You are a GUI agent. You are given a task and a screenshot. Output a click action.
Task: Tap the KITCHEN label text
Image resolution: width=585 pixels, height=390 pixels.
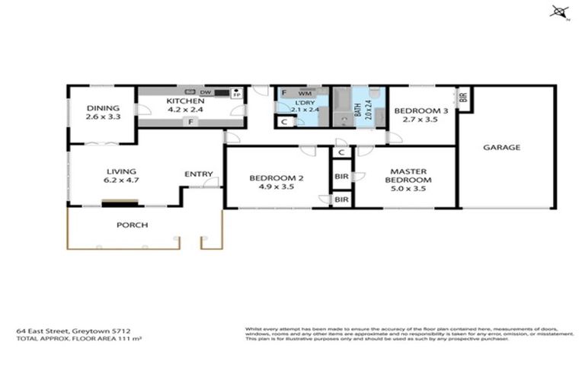tap(186, 101)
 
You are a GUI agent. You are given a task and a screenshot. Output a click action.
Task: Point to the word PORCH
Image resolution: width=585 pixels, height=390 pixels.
tap(132, 225)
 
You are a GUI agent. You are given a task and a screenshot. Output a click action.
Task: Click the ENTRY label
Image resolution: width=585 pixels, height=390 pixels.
tap(198, 174)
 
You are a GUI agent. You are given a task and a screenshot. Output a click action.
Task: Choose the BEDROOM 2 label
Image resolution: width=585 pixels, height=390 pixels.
tap(277, 178)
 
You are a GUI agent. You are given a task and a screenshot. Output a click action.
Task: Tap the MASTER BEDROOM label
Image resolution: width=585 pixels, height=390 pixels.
tap(411, 176)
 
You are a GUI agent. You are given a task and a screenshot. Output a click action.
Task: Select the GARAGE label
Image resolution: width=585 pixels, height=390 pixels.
tap(501, 147)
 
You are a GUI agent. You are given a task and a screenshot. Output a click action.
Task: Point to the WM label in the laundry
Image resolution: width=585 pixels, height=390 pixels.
tap(304, 93)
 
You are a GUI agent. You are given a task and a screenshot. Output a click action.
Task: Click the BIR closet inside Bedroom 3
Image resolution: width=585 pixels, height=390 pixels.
tap(462, 97)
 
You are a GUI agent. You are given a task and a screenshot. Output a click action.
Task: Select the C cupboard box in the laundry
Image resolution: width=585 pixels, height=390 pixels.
tap(284, 121)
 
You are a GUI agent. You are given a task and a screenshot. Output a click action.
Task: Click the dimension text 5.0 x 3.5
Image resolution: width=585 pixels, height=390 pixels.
tap(411, 190)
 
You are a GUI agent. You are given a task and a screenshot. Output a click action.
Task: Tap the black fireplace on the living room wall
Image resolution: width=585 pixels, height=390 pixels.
tap(120, 202)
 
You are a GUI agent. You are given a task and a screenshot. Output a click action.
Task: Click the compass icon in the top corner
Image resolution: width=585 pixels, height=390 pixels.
tap(561, 11)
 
